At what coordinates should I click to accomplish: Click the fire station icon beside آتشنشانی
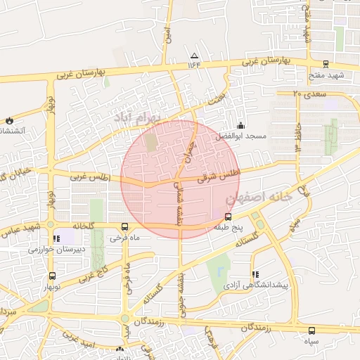8,120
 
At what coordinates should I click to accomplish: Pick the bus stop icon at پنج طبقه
227,217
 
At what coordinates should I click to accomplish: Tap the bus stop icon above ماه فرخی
124,226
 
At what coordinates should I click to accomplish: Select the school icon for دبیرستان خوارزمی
56,239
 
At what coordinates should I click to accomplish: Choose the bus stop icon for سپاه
311,330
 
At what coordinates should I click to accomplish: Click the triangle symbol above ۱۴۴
195,56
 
